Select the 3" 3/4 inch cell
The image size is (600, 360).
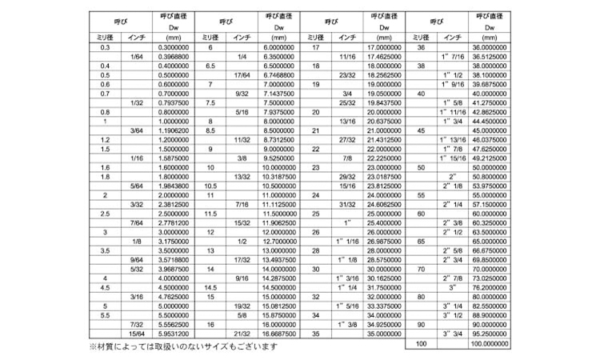452,334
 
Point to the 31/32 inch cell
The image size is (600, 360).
346,204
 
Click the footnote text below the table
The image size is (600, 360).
182,347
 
